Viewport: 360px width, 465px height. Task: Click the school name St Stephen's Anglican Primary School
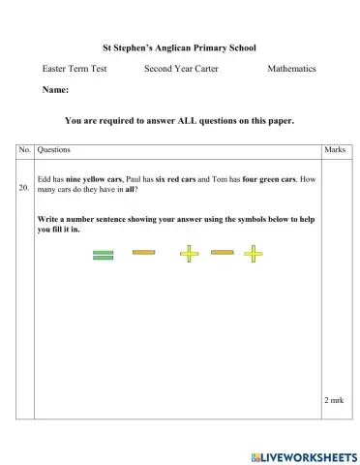click(179, 46)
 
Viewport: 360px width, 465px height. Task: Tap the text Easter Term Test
click(75, 69)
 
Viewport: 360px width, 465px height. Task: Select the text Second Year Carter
click(181, 69)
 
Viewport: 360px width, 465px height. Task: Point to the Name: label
click(55, 90)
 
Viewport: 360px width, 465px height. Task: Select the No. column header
click(24, 151)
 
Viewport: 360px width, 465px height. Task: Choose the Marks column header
click(334, 151)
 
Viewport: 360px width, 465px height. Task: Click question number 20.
click(24, 188)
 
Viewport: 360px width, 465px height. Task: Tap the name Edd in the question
click(44, 180)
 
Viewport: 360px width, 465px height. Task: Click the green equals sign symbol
click(104, 255)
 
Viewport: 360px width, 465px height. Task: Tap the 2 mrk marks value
click(334, 399)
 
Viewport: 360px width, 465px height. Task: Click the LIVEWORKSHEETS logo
click(303, 456)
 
